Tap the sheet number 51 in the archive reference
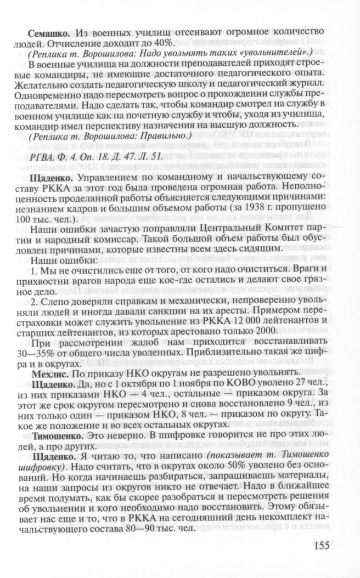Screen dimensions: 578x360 (x=156, y=156)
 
